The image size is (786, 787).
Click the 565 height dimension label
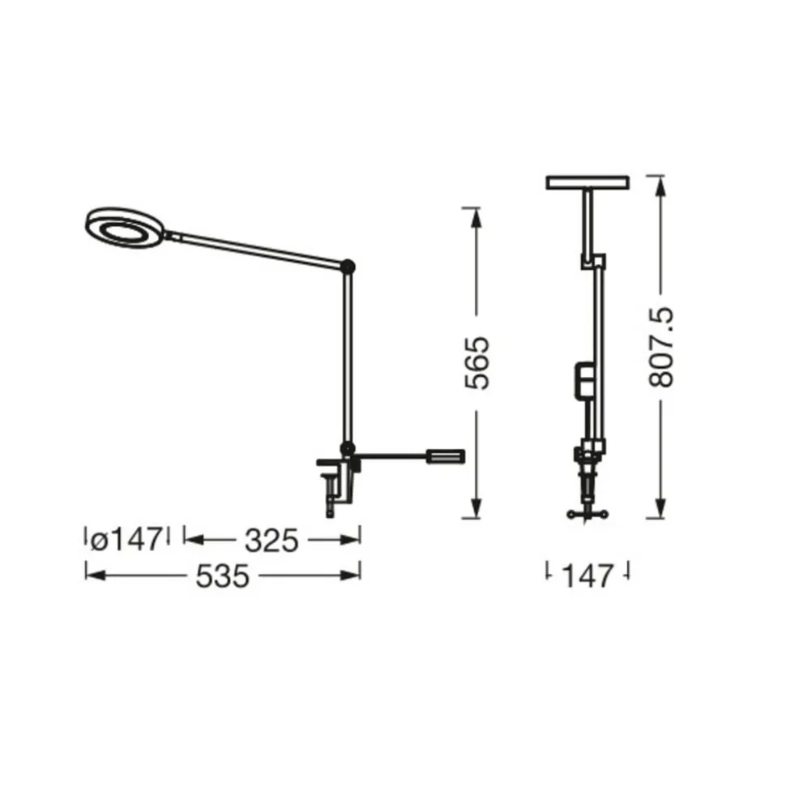coord(476,362)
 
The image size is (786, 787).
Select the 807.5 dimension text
coord(660,348)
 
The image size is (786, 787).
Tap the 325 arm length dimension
coord(271,541)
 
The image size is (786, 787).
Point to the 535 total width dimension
coord(222,576)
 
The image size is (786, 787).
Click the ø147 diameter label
coord(127,540)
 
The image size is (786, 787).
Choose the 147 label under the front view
coord(587,576)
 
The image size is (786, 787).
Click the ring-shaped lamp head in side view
coord(125,228)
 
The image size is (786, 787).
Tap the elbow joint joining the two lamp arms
coord(348,266)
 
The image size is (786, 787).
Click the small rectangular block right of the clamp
coord(446,456)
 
